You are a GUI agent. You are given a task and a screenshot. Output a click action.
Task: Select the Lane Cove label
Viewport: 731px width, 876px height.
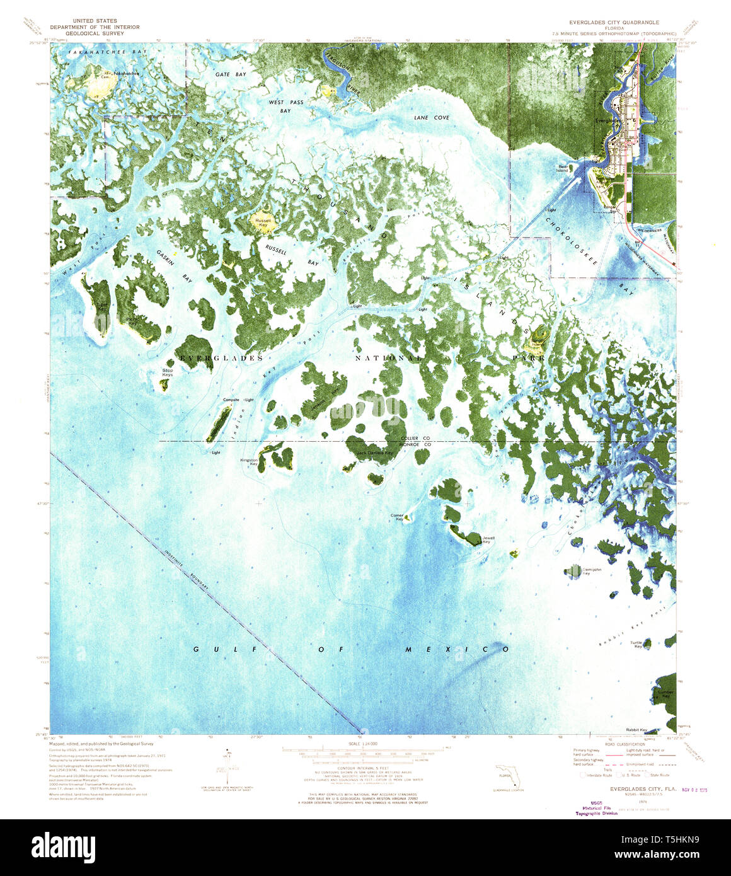click(x=432, y=118)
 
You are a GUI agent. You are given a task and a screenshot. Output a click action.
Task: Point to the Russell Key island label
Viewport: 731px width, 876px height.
click(x=263, y=222)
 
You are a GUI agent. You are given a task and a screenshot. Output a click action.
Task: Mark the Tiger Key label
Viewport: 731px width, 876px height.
click(x=101, y=306)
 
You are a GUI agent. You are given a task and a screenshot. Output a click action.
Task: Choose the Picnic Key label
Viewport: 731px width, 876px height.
click(x=132, y=321)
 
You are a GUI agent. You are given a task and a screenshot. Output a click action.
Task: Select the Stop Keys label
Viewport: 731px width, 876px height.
click(x=167, y=372)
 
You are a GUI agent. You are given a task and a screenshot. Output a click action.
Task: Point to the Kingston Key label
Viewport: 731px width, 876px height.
click(x=249, y=462)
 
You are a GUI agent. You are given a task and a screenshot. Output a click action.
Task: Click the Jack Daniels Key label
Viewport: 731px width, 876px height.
click(x=374, y=452)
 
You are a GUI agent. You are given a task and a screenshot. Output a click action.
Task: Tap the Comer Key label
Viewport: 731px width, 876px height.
click(x=396, y=517)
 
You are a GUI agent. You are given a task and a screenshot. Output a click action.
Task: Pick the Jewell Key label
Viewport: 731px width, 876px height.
click(x=488, y=539)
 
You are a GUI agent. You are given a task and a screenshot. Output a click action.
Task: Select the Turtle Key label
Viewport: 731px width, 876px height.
click(x=636, y=644)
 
